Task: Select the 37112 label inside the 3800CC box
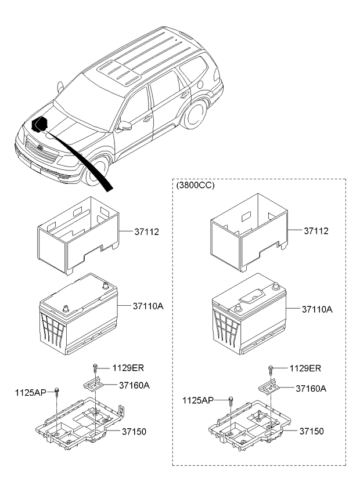click(x=316, y=231)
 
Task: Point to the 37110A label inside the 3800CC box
click(x=317, y=310)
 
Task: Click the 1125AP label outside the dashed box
click(x=31, y=392)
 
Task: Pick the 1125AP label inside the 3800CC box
click(x=198, y=400)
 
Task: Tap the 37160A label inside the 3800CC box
click(x=311, y=388)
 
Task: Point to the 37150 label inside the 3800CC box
click(x=312, y=431)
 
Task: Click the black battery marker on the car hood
click(x=39, y=125)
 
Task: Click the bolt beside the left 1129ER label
click(x=95, y=368)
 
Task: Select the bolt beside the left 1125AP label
click(x=57, y=392)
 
